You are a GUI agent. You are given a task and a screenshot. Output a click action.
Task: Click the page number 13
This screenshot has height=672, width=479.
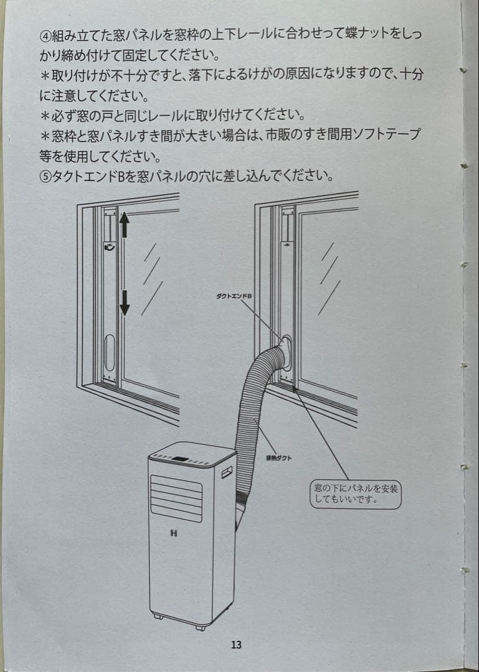click(x=236, y=645)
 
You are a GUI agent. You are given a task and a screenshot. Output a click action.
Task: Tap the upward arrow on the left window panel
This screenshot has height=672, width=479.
click(x=124, y=225)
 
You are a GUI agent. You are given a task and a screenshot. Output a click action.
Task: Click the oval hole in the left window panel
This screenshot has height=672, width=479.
click(x=110, y=353)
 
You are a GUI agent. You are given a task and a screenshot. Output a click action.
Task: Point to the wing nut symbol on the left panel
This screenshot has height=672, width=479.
click(x=109, y=248)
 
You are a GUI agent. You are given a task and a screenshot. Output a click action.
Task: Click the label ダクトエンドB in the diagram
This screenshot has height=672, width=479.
click(x=234, y=296)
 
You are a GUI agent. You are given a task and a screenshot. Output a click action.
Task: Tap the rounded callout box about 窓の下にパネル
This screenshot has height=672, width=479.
click(x=356, y=494)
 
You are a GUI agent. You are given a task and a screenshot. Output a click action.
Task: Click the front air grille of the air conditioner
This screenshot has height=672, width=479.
click(x=176, y=498)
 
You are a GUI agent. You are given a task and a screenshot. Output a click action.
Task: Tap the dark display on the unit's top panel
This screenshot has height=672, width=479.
click(x=181, y=459)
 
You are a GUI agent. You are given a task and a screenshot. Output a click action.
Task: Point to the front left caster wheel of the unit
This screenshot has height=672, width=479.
click(x=158, y=617)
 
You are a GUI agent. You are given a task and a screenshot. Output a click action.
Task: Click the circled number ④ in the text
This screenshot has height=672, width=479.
click(x=44, y=35)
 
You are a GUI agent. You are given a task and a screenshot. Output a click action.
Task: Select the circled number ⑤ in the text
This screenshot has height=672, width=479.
click(x=44, y=175)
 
